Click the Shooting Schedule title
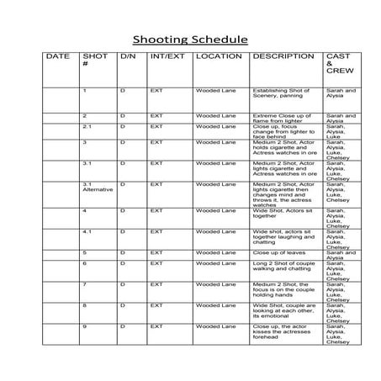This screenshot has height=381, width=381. click(x=190, y=40)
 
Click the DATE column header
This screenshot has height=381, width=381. click(x=58, y=56)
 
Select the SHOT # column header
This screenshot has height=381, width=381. click(x=95, y=60)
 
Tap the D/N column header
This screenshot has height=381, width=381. click(x=128, y=56)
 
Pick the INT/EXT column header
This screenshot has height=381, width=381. click(x=167, y=56)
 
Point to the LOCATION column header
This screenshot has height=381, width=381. click(x=218, y=56)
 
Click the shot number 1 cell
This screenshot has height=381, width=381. click(x=85, y=89)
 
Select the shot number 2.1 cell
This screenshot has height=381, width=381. click(x=87, y=126)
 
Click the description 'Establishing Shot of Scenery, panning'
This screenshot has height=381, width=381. click(x=281, y=93)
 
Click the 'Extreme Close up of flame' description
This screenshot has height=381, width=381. click(x=281, y=117)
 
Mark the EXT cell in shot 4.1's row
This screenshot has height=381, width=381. click(x=156, y=230)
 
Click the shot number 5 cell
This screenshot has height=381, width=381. click(x=85, y=251)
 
